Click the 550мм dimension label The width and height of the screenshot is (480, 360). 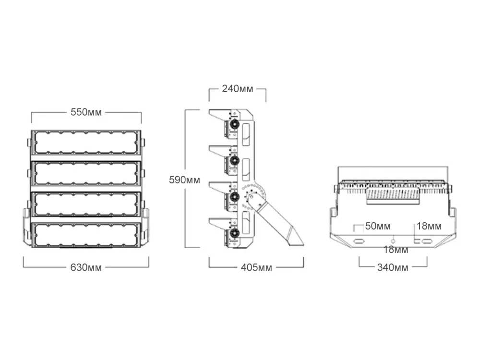pyautogui.click(x=86, y=112)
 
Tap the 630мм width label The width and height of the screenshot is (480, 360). pyautogui.click(x=86, y=267)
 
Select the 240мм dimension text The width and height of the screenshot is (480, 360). pyautogui.click(x=237, y=89)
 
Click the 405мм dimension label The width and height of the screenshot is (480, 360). pyautogui.click(x=256, y=267)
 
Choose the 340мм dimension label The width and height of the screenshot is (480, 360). pyautogui.click(x=393, y=267)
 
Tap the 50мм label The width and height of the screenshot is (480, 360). pyautogui.click(x=378, y=226)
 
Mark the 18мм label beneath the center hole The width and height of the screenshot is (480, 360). pyautogui.click(x=396, y=250)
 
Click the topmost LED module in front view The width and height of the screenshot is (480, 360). pyautogui.click(x=86, y=143)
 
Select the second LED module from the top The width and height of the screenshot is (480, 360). pyautogui.click(x=86, y=173)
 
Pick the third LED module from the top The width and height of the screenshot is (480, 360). pyautogui.click(x=86, y=204)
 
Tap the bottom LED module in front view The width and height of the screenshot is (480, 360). pyautogui.click(x=86, y=234)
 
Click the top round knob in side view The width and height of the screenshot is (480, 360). pyautogui.click(x=235, y=124)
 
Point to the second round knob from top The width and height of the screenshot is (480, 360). pyautogui.click(x=235, y=160)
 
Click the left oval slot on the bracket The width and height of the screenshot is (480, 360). pyautogui.click(x=358, y=240)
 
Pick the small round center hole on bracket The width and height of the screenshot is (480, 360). pyautogui.click(x=393, y=240)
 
